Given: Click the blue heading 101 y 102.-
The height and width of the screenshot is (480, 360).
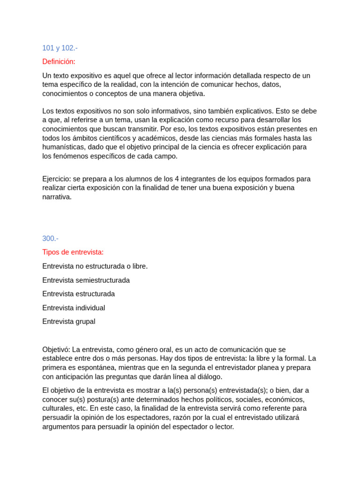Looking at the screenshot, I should [60, 48].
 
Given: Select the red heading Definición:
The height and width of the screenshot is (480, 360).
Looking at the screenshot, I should [59, 61].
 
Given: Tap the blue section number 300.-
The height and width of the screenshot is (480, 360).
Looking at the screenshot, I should [50, 238].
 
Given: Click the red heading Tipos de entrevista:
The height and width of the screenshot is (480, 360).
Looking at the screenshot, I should [73, 252].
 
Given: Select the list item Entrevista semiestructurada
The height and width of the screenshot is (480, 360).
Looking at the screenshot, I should [86, 280].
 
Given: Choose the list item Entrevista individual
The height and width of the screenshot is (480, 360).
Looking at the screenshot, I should [74, 308].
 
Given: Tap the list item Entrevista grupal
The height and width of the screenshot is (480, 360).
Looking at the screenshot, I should [68, 322].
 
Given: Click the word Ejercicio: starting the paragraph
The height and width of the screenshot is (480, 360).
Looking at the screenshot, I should [56, 179].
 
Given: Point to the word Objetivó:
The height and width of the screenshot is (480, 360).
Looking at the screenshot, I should [56, 349].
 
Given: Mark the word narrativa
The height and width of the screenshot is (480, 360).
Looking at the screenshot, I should [57, 197].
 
